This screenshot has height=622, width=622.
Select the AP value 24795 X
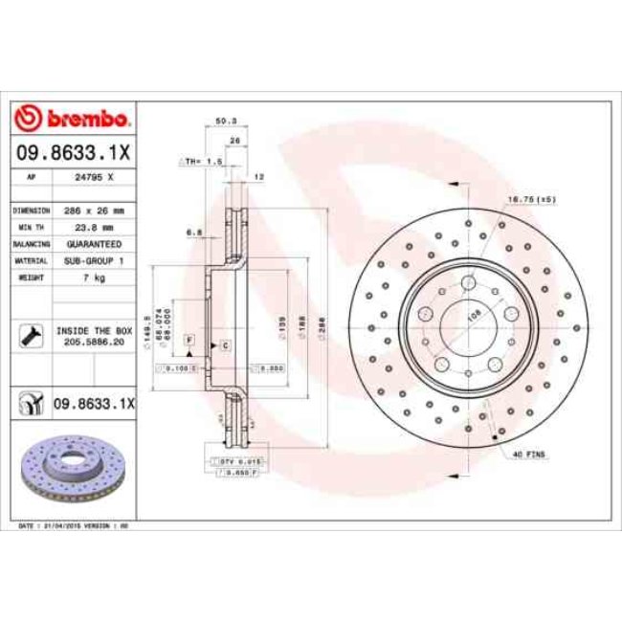95,178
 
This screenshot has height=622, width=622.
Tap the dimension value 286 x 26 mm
95,210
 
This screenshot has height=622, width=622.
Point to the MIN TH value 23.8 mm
95,228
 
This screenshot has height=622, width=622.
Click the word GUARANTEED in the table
95,244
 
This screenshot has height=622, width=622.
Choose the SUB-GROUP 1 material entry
95,260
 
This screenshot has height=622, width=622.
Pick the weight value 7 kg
95,277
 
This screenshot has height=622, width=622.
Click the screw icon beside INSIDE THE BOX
30,335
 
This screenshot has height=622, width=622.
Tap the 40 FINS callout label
527,454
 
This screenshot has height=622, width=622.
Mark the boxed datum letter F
189,341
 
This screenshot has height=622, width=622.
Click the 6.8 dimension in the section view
193,231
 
